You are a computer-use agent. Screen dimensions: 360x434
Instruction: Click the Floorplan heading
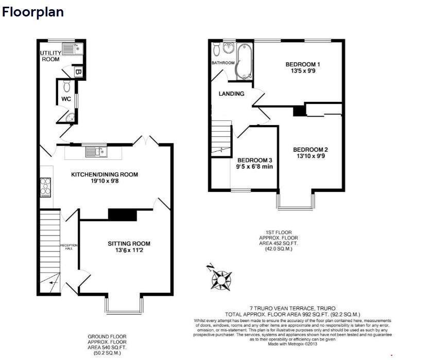click(x=33, y=12)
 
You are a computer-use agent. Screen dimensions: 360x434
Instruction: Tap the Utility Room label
click(x=50, y=56)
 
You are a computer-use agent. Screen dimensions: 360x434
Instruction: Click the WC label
click(x=66, y=99)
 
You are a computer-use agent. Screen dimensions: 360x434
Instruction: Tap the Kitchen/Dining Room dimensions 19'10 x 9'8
click(x=105, y=182)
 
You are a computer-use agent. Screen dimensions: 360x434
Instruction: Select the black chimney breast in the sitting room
click(x=122, y=214)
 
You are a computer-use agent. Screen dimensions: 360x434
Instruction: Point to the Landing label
click(x=231, y=94)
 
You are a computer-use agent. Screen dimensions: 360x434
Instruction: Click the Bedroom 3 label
click(x=254, y=160)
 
